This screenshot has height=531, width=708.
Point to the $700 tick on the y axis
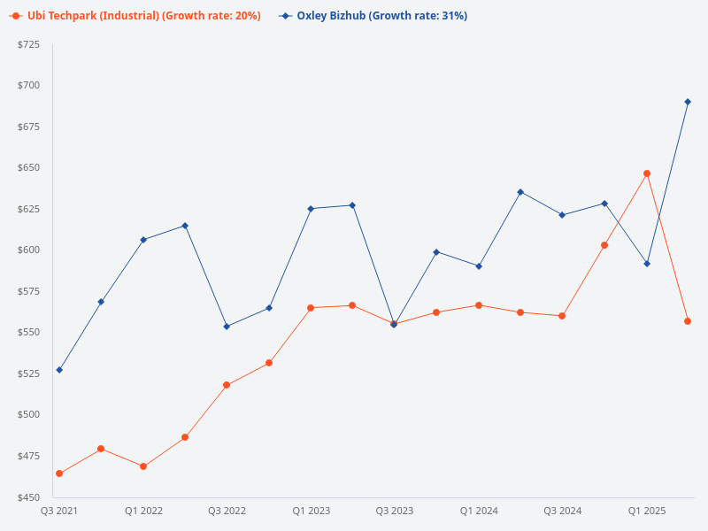[29, 85]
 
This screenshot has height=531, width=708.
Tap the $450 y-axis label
[29, 496]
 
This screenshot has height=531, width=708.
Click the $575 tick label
[29, 291]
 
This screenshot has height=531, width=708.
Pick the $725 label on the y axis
[29, 44]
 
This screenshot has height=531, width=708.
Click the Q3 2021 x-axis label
[59, 511]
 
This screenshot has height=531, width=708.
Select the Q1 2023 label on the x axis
[311, 511]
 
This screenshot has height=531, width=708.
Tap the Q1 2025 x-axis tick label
[647, 511]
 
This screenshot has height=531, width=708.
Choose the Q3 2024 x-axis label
[563, 511]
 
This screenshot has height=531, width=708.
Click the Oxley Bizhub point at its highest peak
[688, 102]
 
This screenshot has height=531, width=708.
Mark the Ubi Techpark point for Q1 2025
[647, 173]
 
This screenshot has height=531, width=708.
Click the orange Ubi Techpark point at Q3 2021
[59, 473]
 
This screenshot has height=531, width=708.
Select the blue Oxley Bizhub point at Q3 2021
[59, 370]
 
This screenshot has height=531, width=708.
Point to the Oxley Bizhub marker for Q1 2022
[143, 240]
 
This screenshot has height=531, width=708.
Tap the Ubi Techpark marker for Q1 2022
[143, 466]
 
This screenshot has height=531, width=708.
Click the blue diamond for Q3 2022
[227, 327]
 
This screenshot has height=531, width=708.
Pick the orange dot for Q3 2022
[227, 385]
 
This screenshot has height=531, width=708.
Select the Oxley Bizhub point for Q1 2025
[647, 264]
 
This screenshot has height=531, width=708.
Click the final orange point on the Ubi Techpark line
[688, 321]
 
